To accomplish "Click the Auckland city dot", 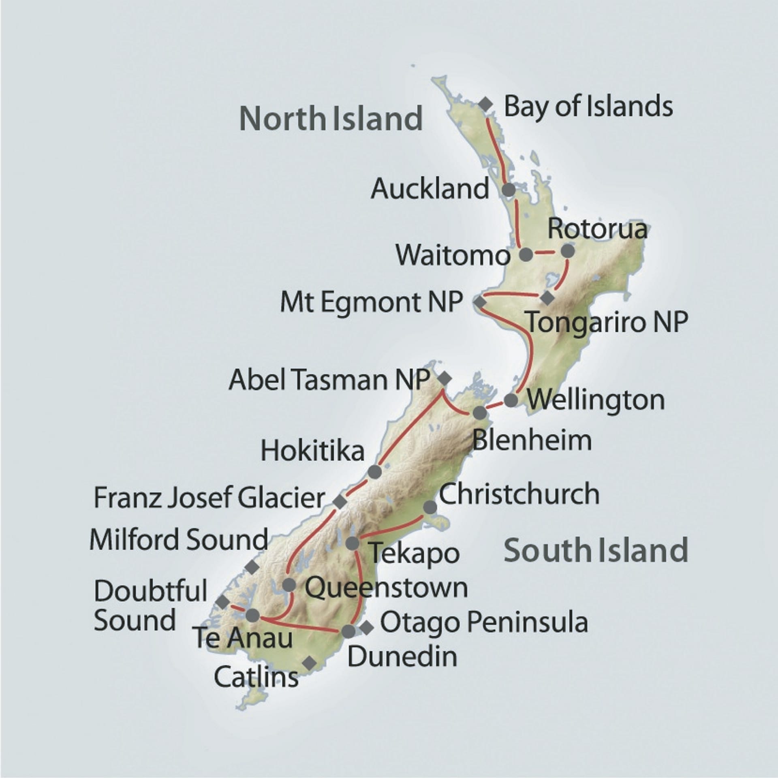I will tap(509, 189).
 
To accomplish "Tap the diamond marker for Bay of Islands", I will tap(485, 104).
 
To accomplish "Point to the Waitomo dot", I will tap(526, 254).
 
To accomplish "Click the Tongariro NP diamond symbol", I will tap(547, 298).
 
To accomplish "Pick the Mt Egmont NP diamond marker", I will tap(480, 302).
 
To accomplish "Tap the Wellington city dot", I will tap(511, 400).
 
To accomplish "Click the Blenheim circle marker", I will tap(480, 413).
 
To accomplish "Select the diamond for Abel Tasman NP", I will tap(445, 378).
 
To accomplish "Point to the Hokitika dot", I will tap(375, 472).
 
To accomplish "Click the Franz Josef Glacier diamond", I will tap(340, 501).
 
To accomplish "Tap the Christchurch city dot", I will tap(430, 507).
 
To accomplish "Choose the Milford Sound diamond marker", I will tap(253, 566).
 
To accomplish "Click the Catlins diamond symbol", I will tap(310, 663).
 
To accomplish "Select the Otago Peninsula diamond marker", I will tap(366, 628).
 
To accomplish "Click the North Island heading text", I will tap(331, 118).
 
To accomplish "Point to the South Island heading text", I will tap(596, 550).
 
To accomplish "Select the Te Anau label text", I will tap(242, 637).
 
